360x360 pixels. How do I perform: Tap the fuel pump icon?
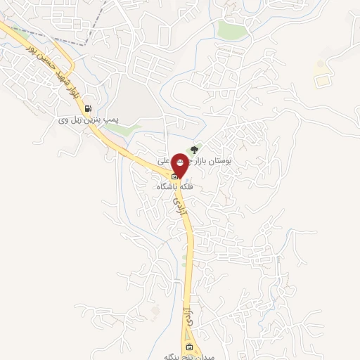click(x=88, y=108)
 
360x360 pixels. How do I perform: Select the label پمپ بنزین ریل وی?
click(x=89, y=121)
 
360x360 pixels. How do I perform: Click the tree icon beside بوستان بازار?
click(x=195, y=150)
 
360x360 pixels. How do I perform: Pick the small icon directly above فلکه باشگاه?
click(x=175, y=176)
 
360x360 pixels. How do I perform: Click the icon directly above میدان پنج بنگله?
click(x=188, y=347)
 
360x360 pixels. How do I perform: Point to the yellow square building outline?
click(x=321, y=80)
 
